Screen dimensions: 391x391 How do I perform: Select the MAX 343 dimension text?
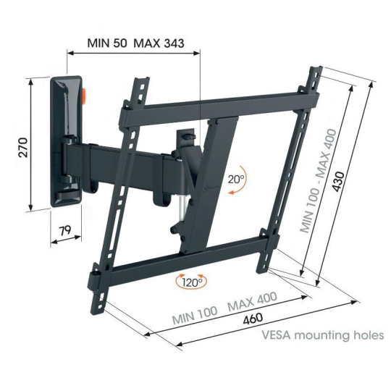point(159,43)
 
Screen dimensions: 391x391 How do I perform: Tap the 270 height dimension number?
point(24,147)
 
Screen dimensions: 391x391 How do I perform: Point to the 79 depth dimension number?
point(65,230)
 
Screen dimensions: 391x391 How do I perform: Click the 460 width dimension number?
point(253,319)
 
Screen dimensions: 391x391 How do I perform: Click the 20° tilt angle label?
point(236,179)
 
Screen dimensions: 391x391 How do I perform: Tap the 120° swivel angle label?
point(191,282)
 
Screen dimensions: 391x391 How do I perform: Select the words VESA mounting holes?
point(323,335)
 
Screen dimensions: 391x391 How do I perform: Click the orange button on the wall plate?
point(85,96)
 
